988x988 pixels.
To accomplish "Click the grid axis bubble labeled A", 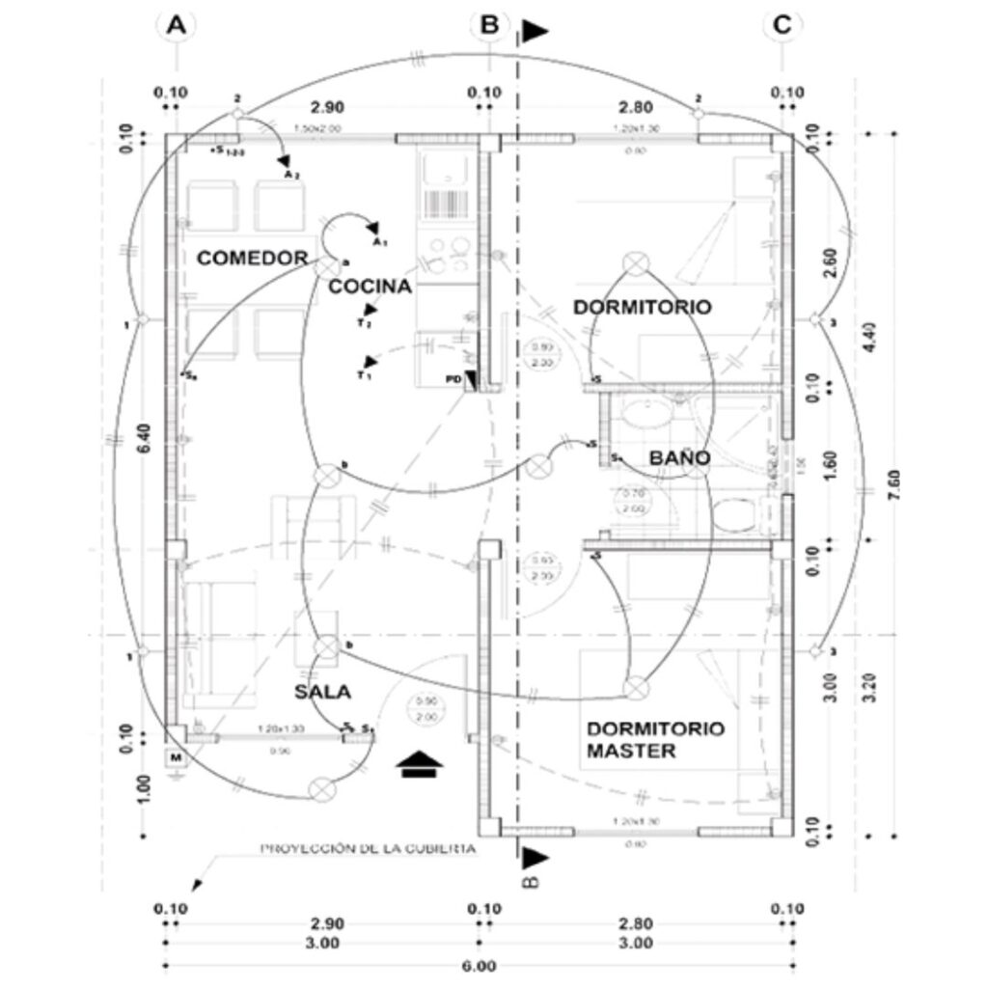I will (176, 27).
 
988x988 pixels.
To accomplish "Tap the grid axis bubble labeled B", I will (489, 27).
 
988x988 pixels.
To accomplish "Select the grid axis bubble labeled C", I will (782, 27).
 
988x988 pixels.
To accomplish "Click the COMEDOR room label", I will (253, 258).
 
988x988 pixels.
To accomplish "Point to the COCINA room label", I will (370, 287).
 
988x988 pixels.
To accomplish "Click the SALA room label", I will (323, 692).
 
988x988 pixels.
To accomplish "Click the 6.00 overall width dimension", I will (479, 965).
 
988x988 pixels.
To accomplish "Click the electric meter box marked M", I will (176, 758).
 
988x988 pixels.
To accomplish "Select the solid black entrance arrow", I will (420, 764).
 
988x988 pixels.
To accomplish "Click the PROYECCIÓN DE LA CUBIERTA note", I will (369, 849).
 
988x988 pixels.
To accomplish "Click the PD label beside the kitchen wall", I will (453, 379).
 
